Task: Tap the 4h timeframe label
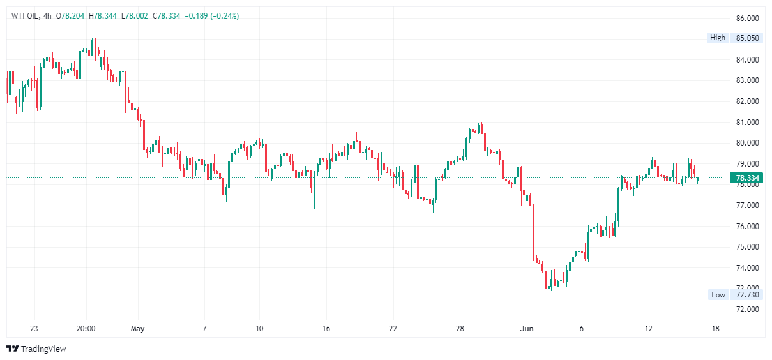(48, 16)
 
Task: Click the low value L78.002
(134, 16)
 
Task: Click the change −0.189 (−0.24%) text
(211, 16)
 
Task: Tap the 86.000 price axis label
(747, 18)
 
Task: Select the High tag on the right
(718, 38)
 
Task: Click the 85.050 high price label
(747, 38)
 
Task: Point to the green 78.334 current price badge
(746, 178)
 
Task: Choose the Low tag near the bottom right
(718, 294)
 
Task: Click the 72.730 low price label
(747, 294)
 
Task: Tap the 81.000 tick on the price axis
(747, 122)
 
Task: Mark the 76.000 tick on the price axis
(747, 226)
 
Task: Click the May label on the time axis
(137, 329)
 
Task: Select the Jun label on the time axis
(527, 329)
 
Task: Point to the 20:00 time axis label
(86, 329)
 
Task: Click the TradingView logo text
(43, 349)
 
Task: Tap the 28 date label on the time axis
(459, 329)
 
